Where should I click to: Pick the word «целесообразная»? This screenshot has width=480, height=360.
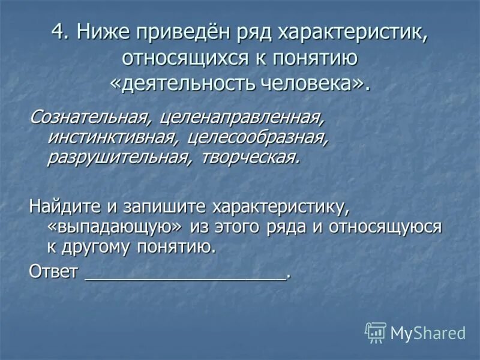(x=257, y=136)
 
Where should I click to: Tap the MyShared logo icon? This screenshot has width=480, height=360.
(x=375, y=332)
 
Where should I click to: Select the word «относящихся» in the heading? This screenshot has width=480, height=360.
(x=184, y=58)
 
